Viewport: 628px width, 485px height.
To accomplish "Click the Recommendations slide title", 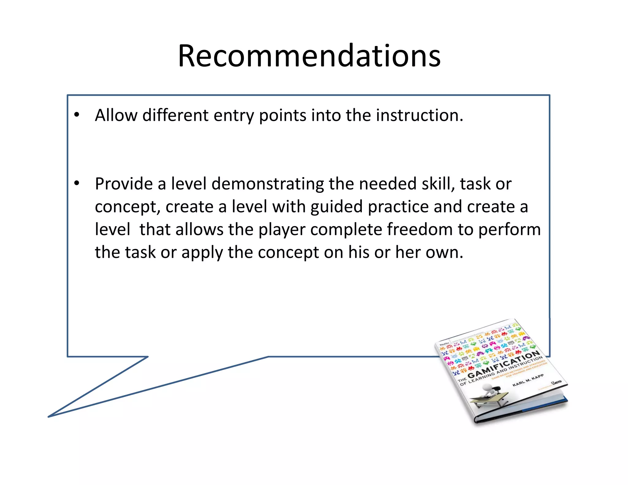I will point(309,56).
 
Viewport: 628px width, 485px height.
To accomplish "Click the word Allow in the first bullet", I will point(116,115).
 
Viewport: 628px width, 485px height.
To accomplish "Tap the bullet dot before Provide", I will point(77,183).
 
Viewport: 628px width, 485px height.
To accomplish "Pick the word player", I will point(282,230).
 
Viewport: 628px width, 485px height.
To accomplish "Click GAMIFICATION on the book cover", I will point(503,365).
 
